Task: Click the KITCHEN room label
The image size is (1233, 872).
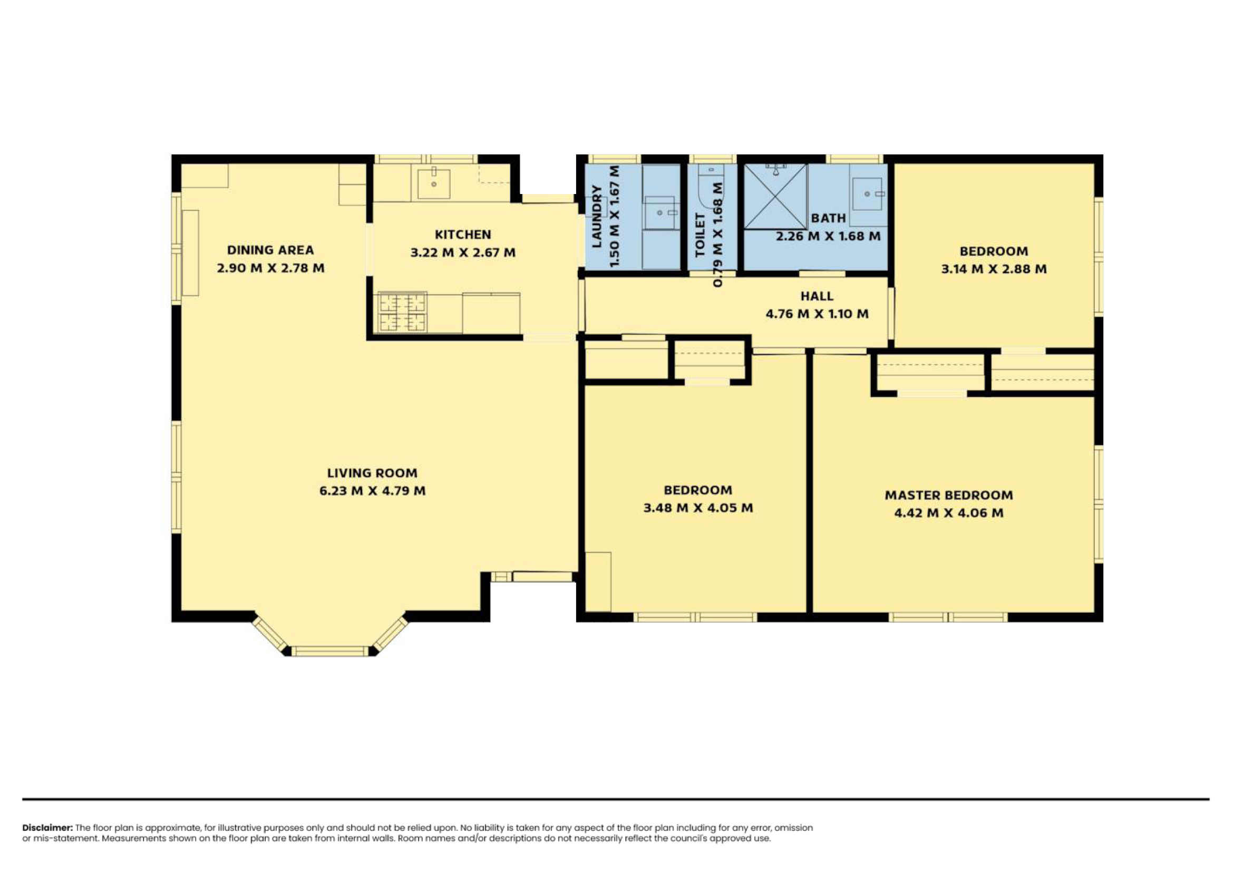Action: tap(462, 235)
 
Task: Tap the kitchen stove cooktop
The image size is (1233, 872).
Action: tap(403, 312)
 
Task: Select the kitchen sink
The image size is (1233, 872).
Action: tap(433, 183)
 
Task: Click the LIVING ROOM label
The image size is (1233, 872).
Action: tap(372, 473)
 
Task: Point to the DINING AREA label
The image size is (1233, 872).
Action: tap(270, 250)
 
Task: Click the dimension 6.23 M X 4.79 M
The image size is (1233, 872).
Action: tap(372, 491)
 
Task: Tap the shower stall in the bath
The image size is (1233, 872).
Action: tap(775, 197)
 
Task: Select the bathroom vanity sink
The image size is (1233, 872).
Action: tap(867, 194)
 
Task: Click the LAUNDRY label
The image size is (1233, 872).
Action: tap(597, 216)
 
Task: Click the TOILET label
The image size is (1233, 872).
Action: tap(699, 235)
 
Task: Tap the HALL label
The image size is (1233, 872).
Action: tap(817, 296)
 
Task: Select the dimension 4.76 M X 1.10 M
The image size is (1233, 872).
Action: tap(817, 314)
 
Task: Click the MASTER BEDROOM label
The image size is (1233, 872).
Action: tap(949, 495)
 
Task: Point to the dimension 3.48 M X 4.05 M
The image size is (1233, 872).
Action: tap(698, 507)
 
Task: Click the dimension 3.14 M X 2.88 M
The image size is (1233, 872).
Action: tap(994, 269)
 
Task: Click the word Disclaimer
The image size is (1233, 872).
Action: tap(47, 828)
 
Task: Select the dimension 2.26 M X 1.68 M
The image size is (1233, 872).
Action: tap(828, 236)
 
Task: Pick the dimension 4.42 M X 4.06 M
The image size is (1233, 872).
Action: tap(949, 513)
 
